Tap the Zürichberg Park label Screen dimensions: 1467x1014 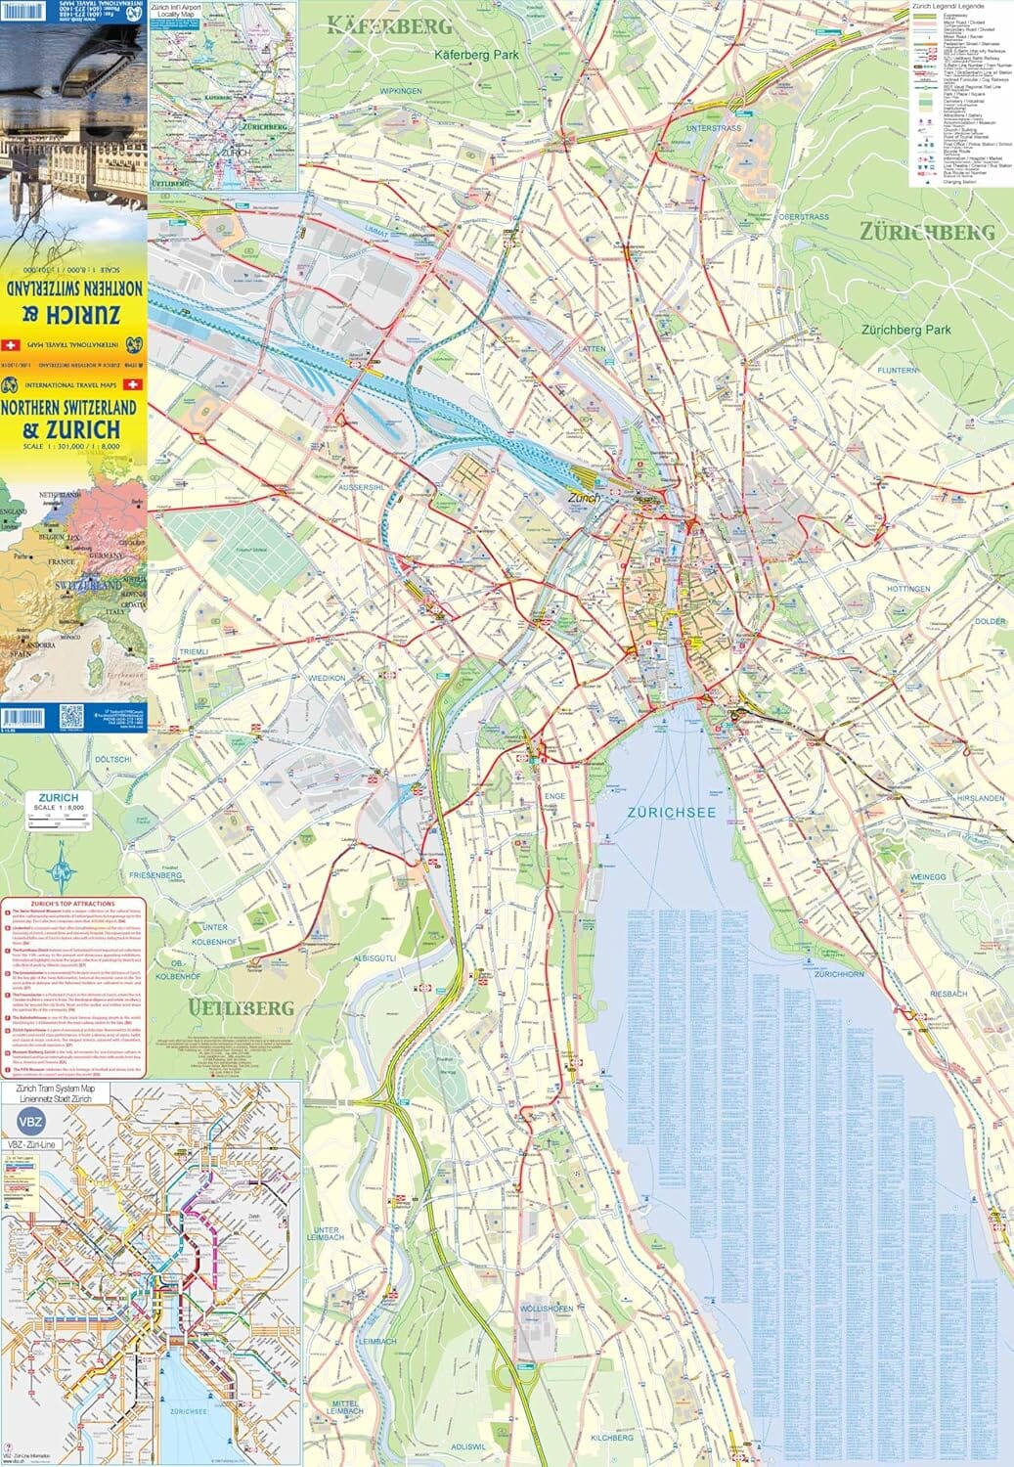click(x=906, y=330)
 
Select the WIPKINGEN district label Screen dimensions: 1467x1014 click(x=401, y=91)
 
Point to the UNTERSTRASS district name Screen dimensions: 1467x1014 click(x=714, y=128)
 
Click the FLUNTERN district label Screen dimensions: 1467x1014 click(x=898, y=371)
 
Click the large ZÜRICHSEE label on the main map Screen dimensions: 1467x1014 click(x=672, y=812)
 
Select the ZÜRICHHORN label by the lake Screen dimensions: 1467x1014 click(x=839, y=974)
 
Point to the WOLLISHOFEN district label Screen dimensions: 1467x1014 click(x=547, y=1309)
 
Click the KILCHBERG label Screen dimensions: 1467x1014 click(x=612, y=1438)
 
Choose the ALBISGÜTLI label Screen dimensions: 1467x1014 click(x=375, y=958)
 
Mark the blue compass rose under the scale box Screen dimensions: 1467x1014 click(x=62, y=865)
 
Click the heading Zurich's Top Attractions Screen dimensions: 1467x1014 click(x=72, y=904)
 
